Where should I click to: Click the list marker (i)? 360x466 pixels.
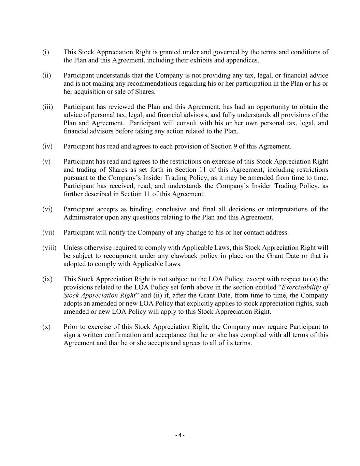click(45, 52)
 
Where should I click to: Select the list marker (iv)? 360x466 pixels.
click(47, 146)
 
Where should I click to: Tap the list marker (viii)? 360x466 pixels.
click(49, 248)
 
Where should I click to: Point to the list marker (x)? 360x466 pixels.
click(46, 327)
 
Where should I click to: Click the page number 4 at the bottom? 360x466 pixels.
click(180, 435)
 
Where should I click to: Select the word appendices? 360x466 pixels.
click(243, 60)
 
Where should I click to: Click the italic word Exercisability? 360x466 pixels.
click(305, 287)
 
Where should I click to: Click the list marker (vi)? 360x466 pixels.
click(47, 209)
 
